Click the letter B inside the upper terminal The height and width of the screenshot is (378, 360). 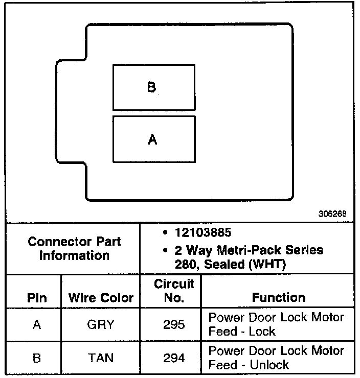(151, 87)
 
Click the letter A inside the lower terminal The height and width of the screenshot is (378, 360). (152, 139)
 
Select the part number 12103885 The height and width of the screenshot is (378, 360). (201, 233)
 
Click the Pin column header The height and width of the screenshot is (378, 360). (36, 298)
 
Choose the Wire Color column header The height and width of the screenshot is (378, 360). (101, 298)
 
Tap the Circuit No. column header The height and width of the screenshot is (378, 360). (174, 291)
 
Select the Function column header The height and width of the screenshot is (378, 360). (279, 297)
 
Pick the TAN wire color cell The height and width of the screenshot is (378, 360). (101, 358)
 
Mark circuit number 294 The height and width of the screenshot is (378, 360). (174, 358)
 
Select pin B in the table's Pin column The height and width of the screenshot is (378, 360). (36, 358)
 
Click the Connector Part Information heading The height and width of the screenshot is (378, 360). (74, 248)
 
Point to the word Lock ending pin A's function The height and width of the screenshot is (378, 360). (262, 332)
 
